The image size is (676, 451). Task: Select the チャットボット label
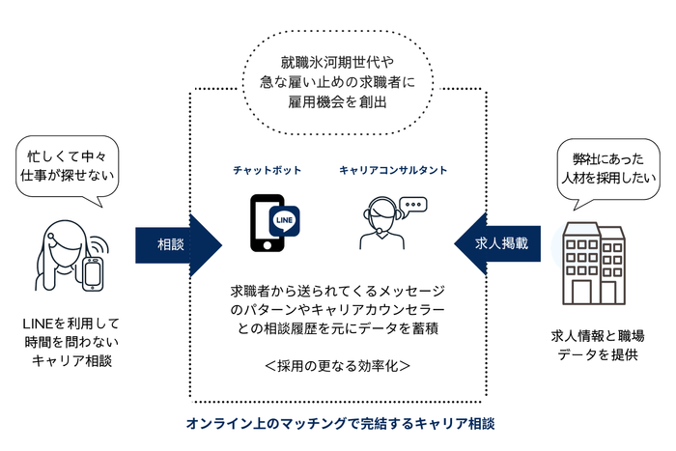[x=267, y=171]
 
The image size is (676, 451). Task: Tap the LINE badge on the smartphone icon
[x=284, y=220]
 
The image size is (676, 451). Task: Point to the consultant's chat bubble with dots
[x=413, y=205]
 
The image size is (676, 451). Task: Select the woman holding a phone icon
[x=68, y=257]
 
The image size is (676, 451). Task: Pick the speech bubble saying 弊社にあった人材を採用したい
[x=609, y=167]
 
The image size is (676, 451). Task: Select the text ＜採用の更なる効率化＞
[x=338, y=366]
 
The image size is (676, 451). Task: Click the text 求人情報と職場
[x=598, y=335]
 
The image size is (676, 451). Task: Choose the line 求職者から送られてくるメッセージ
[x=338, y=290]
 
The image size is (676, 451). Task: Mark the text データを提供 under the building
[x=598, y=353]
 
